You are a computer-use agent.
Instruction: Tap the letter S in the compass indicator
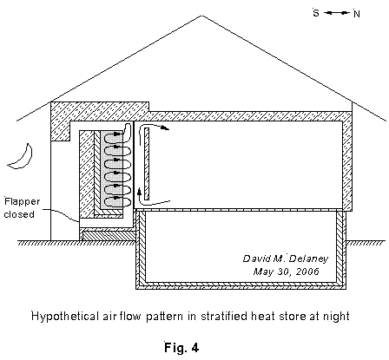(x=316, y=13)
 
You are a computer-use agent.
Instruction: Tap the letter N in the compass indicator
(x=357, y=14)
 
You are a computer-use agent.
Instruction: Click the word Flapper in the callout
(x=22, y=201)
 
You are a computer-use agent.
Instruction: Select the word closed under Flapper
(x=19, y=214)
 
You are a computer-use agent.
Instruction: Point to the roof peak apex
(x=201, y=16)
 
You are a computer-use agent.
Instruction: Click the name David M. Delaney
(x=286, y=259)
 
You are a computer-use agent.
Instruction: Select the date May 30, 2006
(x=286, y=272)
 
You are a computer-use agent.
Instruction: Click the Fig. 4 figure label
(x=181, y=347)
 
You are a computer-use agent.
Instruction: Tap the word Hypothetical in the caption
(x=65, y=316)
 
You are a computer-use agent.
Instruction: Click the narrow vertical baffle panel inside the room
(x=147, y=164)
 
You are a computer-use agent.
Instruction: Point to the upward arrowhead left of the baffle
(x=140, y=191)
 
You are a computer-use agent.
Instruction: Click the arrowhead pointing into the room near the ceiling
(x=166, y=128)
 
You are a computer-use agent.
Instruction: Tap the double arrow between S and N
(x=336, y=13)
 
